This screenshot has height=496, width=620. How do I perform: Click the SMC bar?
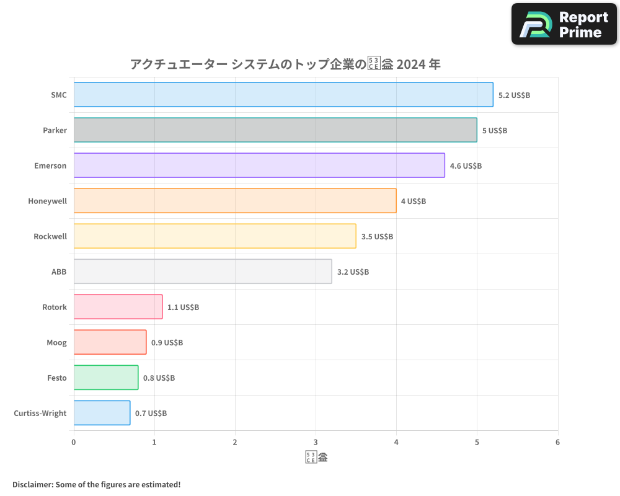pos(283,95)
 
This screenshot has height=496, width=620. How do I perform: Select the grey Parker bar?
pos(275,130)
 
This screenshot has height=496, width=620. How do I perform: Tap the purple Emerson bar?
pos(259,166)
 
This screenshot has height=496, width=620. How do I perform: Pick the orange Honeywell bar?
pos(235,201)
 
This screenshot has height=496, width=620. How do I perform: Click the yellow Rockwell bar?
pos(215,236)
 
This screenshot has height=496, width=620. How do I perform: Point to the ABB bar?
pos(203,272)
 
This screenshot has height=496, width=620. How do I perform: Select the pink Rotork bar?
pos(118,307)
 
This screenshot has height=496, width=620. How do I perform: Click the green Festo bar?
pos(106,378)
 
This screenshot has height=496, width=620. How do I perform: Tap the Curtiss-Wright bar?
pos(102,413)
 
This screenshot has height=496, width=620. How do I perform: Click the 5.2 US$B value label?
pos(514,95)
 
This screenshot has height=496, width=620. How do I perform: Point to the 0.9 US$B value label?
pos(167,343)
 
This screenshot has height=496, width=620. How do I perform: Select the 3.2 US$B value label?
pos(353,272)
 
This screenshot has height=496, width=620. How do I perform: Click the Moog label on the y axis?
pos(56,343)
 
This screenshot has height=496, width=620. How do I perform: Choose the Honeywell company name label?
pos(47,201)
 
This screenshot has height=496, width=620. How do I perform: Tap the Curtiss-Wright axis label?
pos(40,414)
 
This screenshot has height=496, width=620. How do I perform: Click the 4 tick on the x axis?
pos(396,442)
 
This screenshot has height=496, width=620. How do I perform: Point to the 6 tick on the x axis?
pos(557,442)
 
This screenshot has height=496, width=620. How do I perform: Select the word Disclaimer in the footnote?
pos(32,484)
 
